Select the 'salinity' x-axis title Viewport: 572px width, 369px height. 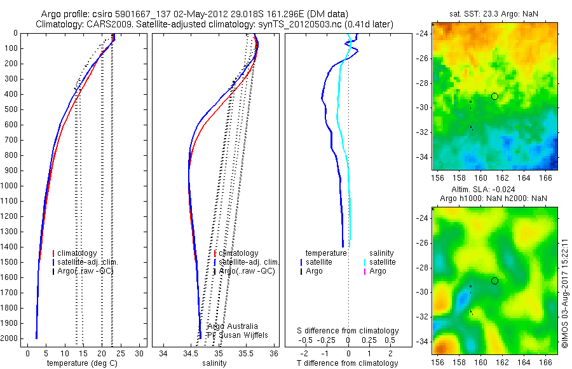[214, 363]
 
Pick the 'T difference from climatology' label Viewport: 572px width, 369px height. [348, 363]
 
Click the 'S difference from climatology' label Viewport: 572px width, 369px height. [348, 331]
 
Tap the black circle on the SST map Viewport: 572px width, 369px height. [494, 96]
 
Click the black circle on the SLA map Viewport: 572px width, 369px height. [494, 281]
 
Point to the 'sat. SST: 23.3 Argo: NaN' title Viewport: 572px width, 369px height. [492, 13]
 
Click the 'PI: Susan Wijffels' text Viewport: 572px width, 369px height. [231, 335]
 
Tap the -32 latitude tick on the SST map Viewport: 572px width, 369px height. [423, 132]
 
